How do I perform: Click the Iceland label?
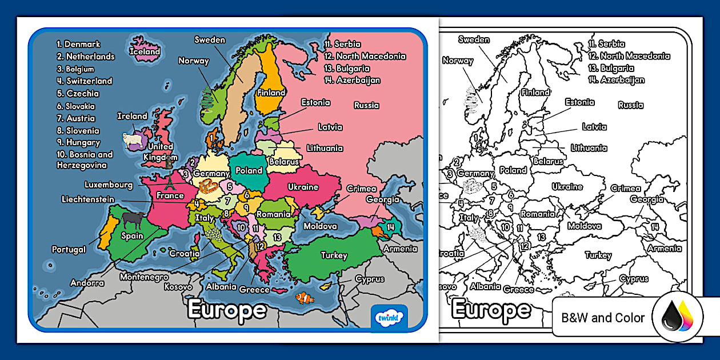[145, 51]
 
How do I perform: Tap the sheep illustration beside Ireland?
[133, 140]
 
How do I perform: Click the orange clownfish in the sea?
[304, 297]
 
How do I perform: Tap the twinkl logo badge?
[389, 318]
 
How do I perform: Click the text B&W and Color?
[603, 318]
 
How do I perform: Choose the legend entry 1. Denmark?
[78, 44]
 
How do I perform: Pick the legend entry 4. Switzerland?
[84, 81]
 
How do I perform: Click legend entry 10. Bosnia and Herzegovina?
[84, 160]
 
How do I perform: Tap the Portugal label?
[69, 249]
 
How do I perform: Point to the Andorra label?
[87, 282]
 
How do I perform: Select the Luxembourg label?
[109, 185]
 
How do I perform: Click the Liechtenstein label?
[88, 199]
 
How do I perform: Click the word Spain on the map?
[131, 235]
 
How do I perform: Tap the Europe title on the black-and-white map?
[491, 310]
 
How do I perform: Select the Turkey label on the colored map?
[334, 255]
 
